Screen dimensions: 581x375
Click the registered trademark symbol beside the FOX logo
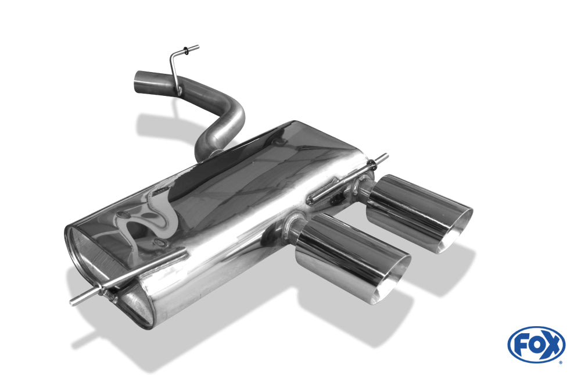coord(561,362)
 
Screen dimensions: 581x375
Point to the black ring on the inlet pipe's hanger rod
coord(186,51)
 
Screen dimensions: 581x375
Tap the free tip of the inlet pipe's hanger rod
coord(198,47)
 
